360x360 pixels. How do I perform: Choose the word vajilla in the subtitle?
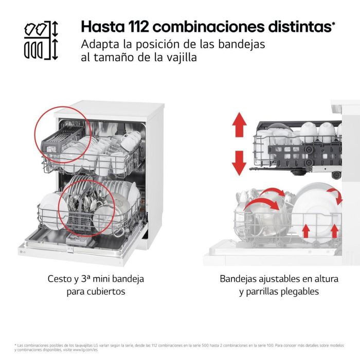pos(179,58)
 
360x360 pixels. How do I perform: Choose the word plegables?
pos(302,292)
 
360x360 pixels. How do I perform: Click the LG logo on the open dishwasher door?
pos(22,251)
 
